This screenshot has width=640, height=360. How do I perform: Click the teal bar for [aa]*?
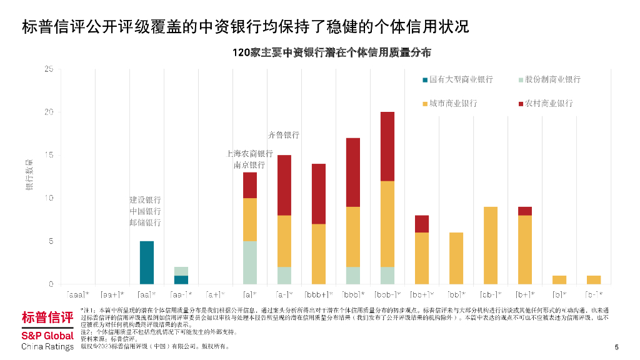146,262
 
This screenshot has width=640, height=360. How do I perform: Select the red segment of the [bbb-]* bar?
387,146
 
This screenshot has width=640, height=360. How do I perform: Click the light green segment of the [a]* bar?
250,262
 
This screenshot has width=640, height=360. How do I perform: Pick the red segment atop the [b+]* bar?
525,211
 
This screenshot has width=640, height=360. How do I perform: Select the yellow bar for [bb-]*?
491,246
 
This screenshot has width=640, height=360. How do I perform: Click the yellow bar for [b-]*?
594,280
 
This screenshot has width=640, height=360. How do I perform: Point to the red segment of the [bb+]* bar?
422,224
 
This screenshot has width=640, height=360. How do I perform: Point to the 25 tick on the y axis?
49,69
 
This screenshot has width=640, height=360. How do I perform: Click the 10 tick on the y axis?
49,198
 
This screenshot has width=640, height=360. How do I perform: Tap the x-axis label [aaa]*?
77,294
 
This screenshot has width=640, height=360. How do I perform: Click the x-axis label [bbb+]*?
319,294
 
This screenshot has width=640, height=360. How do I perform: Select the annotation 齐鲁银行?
284,135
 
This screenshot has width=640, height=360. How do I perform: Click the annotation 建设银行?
146,200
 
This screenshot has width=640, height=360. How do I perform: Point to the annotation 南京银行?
250,165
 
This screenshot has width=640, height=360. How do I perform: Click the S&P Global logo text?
47,336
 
